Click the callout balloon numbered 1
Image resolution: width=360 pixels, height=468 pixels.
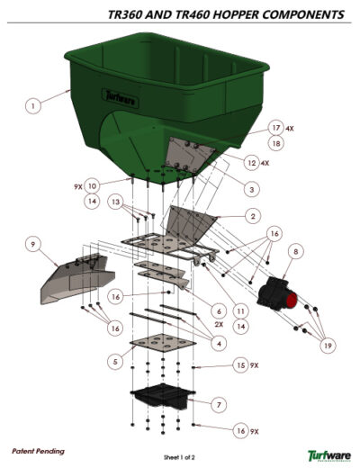coord(32,105)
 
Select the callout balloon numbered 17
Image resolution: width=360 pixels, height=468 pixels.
coord(276,128)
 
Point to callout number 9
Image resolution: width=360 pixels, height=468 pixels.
coord(31,244)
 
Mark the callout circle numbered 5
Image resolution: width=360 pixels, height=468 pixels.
coord(114,360)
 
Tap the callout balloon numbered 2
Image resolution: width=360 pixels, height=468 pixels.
coord(254,216)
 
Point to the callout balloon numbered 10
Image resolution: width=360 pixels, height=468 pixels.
coord(93,186)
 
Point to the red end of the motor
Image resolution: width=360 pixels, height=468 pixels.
coord(293,298)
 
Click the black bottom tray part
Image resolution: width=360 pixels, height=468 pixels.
coord(163,396)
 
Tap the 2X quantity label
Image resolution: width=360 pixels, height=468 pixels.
coord(219,324)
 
